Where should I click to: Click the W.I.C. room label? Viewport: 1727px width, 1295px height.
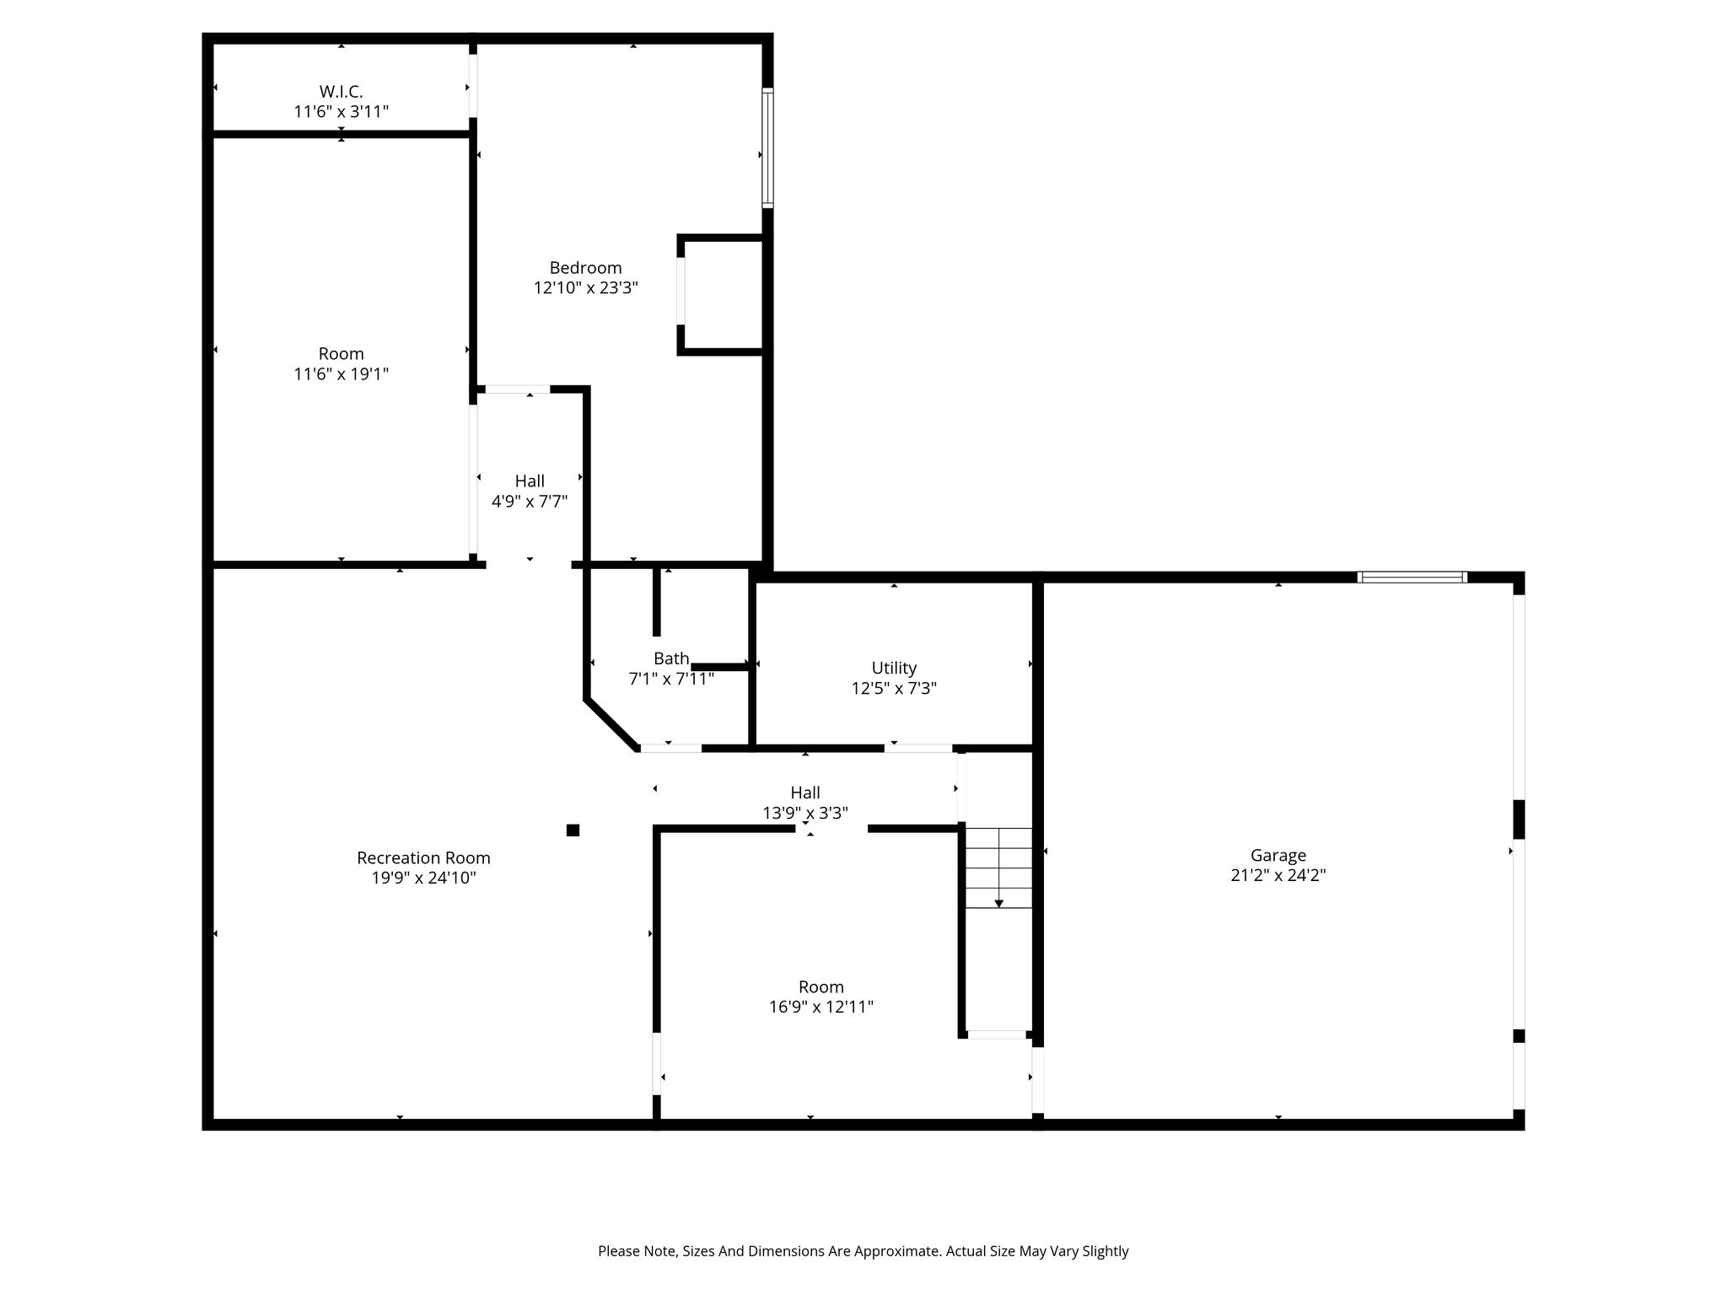tap(341, 91)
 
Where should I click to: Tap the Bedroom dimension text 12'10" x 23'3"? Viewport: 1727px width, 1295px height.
tap(586, 287)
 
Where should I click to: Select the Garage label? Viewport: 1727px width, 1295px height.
tap(1278, 855)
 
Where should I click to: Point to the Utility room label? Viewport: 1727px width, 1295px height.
tap(894, 668)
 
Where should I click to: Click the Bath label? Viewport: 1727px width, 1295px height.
tap(671, 658)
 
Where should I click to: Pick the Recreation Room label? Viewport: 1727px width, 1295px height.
tap(423, 857)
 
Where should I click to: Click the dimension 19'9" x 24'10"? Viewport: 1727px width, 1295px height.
tap(423, 878)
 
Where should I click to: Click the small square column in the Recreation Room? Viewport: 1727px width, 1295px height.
tap(573, 830)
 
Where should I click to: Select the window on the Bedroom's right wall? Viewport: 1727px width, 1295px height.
tap(767, 148)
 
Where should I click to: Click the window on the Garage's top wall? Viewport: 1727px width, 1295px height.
tap(1412, 577)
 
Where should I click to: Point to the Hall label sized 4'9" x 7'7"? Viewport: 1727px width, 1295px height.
tap(530, 481)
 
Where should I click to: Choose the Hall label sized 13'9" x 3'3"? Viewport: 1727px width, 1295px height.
tap(805, 793)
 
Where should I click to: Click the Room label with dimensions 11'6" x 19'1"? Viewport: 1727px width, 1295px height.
tap(341, 353)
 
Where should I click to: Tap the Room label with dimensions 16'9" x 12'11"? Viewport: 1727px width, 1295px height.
tap(820, 986)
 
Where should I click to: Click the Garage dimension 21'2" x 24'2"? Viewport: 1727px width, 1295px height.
tap(1278, 875)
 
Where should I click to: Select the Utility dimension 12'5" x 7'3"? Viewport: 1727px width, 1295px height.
tap(894, 688)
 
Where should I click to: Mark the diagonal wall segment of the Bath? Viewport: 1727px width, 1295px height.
tap(611, 723)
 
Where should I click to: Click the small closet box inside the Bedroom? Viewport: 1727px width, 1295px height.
tap(723, 294)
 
